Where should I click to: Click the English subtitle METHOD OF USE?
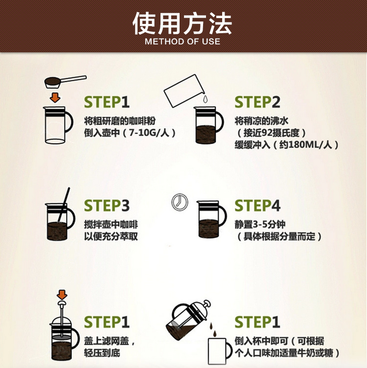pos(183,42)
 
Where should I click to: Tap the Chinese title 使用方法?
pos(183,23)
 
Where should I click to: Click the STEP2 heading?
pos(257,102)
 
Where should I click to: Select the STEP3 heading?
pos(107,205)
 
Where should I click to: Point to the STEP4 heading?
pos(257,205)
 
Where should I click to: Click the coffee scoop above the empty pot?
pos(65,82)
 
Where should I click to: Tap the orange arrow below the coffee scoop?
pos(55,97)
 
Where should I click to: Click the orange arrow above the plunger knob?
pos(62,294)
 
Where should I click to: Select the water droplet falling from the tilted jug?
pos(206,99)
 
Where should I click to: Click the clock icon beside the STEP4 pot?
pos(180,202)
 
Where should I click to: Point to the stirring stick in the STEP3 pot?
pos(64,205)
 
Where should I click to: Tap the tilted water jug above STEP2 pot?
pos(184,90)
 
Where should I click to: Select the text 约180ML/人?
pos(306,145)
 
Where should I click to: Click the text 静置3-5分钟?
pos(260,225)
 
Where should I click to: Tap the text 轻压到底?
pos(102,353)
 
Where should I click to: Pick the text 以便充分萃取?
pos(111,237)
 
